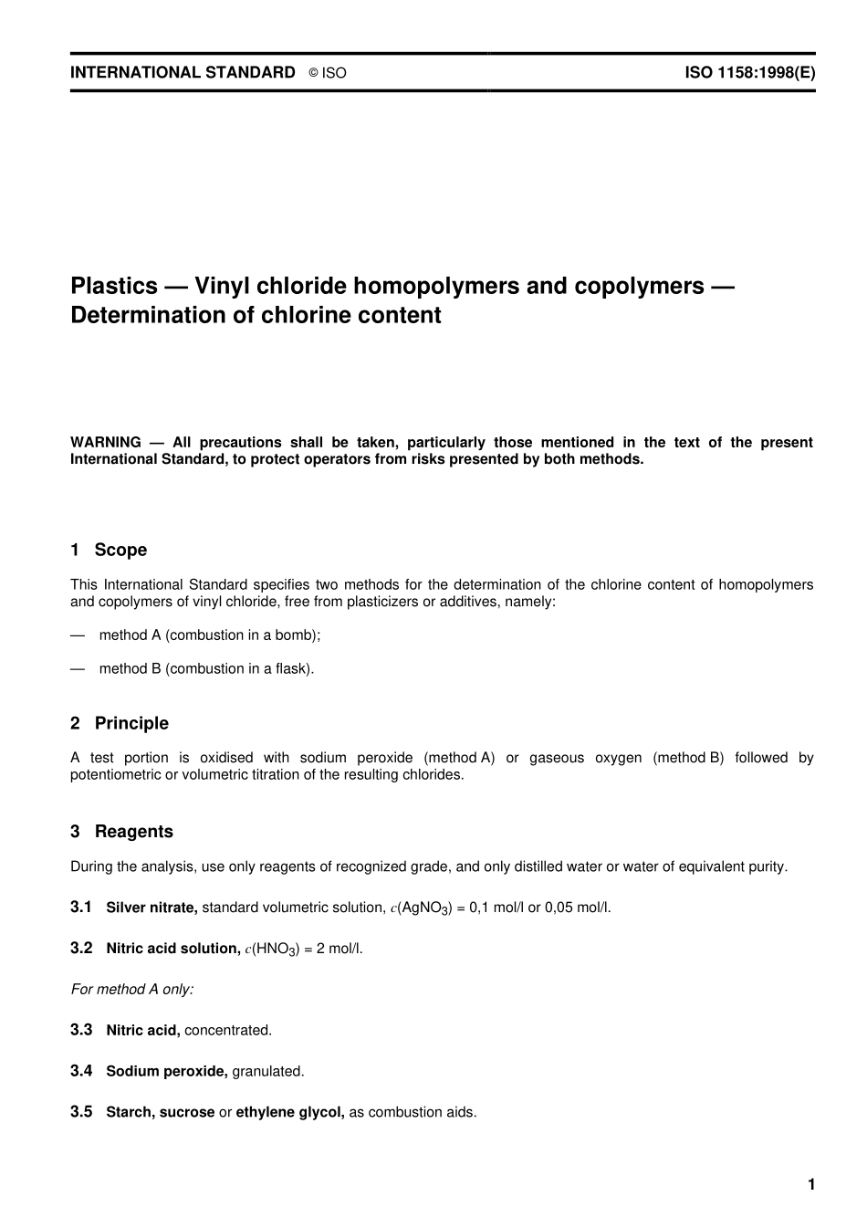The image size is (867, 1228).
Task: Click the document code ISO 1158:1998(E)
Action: point(749,73)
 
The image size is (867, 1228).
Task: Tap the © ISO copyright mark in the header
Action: point(328,73)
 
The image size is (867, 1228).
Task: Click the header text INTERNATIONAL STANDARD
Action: point(183,73)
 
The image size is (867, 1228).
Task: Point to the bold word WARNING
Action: point(106,443)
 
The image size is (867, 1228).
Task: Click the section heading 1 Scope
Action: point(109,550)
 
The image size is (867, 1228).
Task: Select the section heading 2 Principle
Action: point(120,723)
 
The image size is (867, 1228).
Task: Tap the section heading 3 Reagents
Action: point(121,832)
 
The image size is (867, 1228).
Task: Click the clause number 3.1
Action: point(81,907)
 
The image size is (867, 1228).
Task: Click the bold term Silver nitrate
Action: point(151,908)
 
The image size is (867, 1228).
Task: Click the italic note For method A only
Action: point(132,990)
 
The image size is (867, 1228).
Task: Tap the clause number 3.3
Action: point(81,1030)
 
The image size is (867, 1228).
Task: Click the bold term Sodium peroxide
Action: point(167,1072)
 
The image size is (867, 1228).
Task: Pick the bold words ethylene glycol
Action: point(290,1113)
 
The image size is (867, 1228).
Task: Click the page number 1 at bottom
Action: point(810,1185)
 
